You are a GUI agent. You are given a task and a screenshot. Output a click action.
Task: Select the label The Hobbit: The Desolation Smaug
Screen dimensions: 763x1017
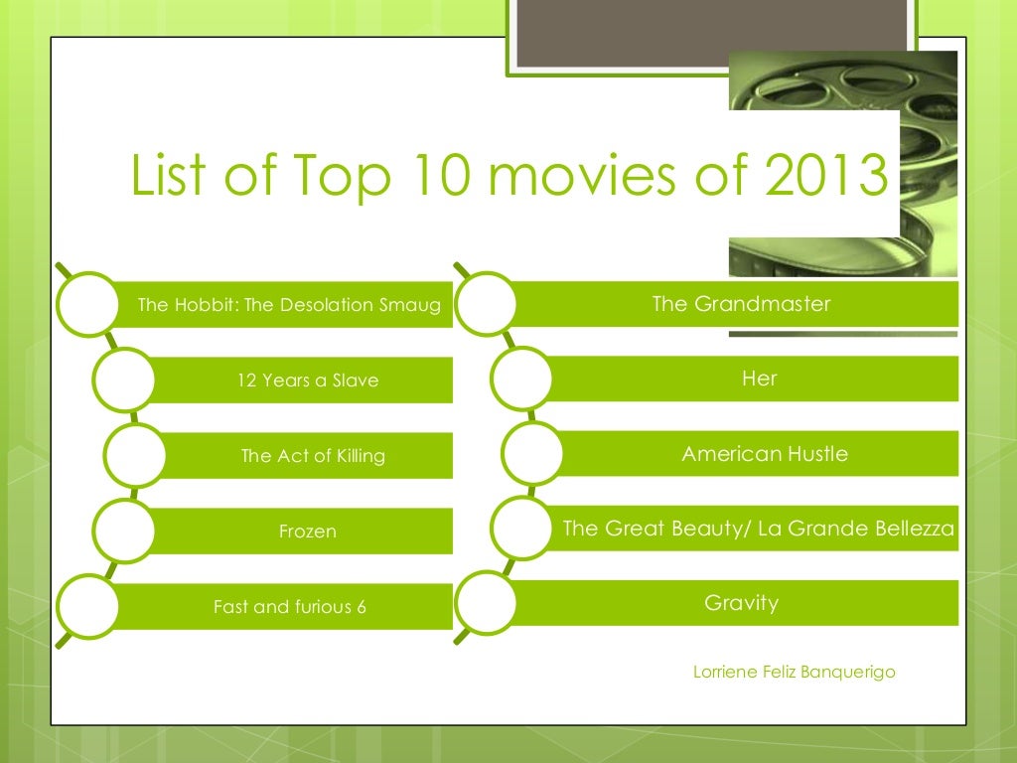click(x=289, y=305)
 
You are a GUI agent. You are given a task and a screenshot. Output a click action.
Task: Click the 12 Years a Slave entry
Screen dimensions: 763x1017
click(x=308, y=381)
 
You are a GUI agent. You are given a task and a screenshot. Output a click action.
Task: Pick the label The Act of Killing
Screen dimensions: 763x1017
click(x=313, y=456)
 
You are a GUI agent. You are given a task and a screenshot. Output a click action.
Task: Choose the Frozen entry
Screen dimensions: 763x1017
click(x=308, y=532)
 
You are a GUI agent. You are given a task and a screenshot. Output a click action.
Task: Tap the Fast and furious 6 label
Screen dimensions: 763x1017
click(x=290, y=607)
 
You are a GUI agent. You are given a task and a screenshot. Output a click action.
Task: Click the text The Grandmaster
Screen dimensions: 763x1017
click(x=741, y=304)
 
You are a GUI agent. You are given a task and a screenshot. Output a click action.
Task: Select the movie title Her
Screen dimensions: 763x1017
click(x=760, y=379)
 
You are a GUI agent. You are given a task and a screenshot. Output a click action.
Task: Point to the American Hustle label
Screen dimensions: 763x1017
click(x=765, y=454)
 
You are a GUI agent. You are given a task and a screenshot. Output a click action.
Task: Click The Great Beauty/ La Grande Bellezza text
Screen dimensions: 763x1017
click(x=759, y=529)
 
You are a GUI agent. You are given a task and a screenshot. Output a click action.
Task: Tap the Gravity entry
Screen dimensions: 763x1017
click(x=741, y=603)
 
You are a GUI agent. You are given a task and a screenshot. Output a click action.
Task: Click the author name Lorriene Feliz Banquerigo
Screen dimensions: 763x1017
click(x=794, y=673)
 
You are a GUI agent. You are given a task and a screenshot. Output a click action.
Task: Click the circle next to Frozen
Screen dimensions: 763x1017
click(x=125, y=532)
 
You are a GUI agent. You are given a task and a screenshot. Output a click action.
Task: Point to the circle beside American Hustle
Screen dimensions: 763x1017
click(x=532, y=454)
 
